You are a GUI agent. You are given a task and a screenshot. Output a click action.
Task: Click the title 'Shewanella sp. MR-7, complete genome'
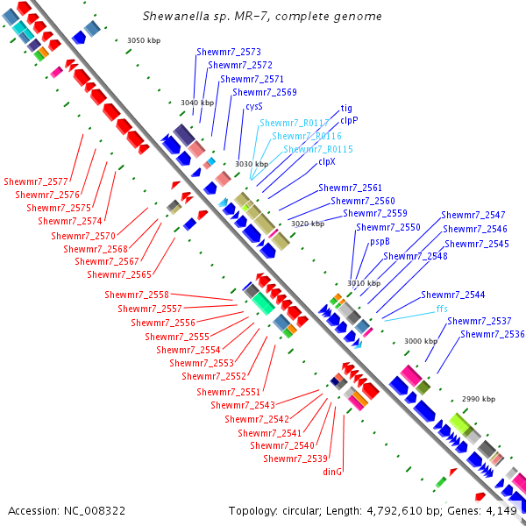(262, 16)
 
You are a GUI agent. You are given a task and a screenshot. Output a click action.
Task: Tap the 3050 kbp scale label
(144, 40)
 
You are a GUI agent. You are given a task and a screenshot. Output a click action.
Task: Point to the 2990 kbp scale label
(479, 399)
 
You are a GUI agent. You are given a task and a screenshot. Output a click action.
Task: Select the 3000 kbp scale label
(421, 341)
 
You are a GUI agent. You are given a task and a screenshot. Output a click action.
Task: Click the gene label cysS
(254, 107)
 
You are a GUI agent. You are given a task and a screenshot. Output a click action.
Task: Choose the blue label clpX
(327, 161)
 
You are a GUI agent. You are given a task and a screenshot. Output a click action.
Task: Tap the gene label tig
(346, 109)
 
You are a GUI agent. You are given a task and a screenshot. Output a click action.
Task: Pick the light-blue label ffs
(442, 309)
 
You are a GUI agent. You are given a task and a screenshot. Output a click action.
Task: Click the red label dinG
(332, 472)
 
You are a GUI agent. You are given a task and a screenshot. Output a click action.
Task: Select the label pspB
(380, 242)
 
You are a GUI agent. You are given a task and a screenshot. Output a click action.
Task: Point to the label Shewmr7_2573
(229, 52)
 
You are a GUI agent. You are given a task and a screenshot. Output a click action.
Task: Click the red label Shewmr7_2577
(36, 181)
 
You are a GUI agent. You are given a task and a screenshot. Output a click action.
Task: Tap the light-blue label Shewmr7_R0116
(307, 136)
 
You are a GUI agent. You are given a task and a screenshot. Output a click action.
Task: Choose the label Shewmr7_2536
(493, 334)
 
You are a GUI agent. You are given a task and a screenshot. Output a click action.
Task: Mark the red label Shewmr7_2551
(228, 392)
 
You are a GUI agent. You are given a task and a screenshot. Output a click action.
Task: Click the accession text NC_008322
(95, 511)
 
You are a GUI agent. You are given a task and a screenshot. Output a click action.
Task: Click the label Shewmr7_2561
(350, 188)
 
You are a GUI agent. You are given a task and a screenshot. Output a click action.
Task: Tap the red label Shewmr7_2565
(119, 274)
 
